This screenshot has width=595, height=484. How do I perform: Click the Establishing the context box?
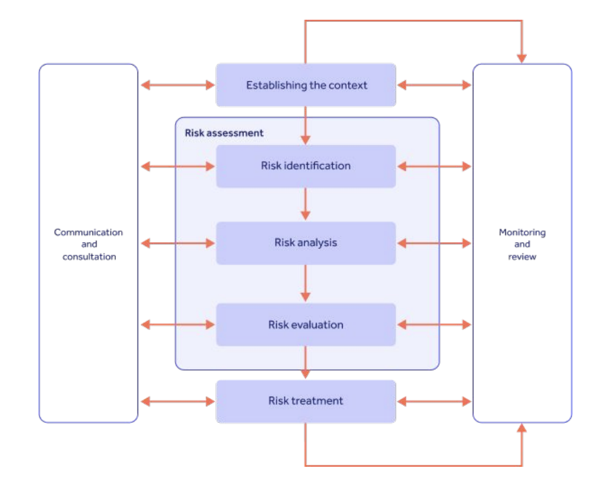click(306, 85)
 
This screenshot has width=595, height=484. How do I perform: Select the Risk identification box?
click(306, 166)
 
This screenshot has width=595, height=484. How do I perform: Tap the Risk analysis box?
click(306, 243)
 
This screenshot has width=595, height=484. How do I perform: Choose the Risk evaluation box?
click(306, 325)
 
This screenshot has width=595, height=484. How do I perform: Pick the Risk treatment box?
click(306, 401)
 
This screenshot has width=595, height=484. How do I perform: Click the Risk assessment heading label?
click(224, 133)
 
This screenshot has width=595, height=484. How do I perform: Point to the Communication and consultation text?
click(89, 245)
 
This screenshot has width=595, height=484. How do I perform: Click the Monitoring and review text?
click(522, 245)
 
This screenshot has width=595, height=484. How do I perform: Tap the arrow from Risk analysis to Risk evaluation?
click(306, 283)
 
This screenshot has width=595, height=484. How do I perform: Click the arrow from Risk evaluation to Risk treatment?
click(306, 363)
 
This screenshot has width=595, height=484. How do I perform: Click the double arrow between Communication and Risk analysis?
click(178, 243)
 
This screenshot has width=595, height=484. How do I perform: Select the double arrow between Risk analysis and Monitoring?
click(434, 243)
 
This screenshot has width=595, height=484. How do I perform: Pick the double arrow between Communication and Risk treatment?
click(178, 401)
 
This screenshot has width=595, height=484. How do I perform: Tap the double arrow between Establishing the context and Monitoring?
click(434, 85)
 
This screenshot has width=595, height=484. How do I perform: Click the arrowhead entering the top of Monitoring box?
click(522, 57)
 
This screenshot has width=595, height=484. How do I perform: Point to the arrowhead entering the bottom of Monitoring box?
click(522, 429)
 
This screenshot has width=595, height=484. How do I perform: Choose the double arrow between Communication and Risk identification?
click(178, 166)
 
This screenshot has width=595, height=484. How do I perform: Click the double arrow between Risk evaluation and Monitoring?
click(434, 325)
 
